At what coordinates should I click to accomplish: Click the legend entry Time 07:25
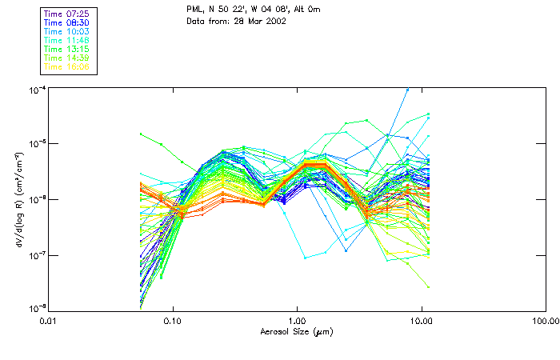pos(66,14)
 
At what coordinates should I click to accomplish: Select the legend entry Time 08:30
pos(66,22)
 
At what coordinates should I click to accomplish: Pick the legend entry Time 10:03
pos(66,31)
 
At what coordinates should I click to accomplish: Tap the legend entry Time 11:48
pos(66,40)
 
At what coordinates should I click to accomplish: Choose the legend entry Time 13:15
pos(66,49)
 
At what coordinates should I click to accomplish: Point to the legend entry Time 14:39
pos(66,58)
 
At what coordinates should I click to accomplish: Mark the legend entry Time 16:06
pos(66,66)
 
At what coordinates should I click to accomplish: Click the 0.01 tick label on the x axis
pos(49,322)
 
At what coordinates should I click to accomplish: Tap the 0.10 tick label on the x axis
pos(173,322)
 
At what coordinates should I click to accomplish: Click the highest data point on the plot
pos(408,90)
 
